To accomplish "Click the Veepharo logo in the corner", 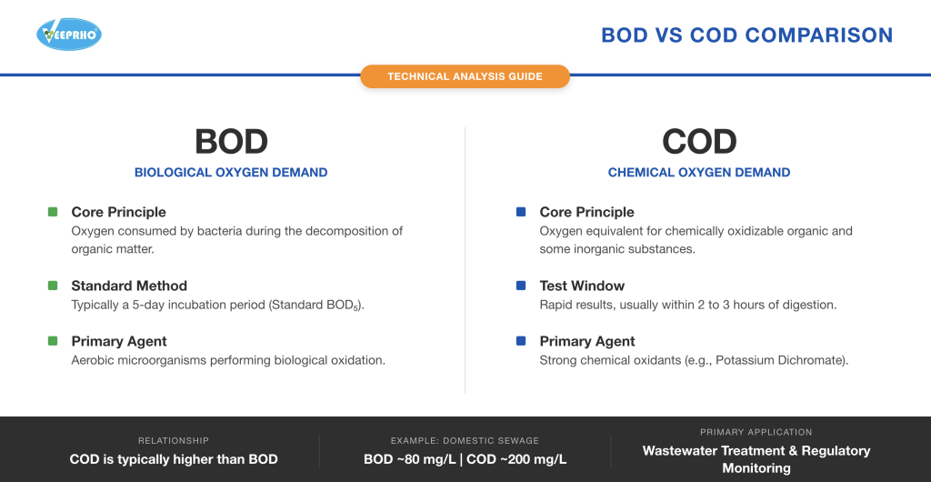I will click(x=68, y=35).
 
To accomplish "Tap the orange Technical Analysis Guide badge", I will click(x=465, y=76).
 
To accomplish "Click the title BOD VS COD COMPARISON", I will click(x=746, y=35).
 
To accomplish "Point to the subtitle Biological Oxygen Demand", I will click(x=231, y=172).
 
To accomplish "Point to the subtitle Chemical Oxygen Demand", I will click(x=698, y=172).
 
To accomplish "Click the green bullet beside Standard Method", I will click(x=53, y=286).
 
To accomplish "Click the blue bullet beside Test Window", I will click(x=521, y=286).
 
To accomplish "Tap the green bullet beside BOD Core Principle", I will click(x=53, y=212).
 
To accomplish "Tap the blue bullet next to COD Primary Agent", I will click(x=521, y=341).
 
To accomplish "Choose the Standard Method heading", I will click(x=129, y=286).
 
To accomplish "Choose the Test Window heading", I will click(x=582, y=286).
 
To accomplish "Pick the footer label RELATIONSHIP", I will click(x=174, y=440).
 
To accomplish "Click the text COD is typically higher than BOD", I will click(x=174, y=459).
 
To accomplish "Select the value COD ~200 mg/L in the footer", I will click(x=517, y=459).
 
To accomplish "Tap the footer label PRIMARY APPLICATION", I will click(x=756, y=432).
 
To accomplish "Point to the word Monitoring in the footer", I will click(x=756, y=468).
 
